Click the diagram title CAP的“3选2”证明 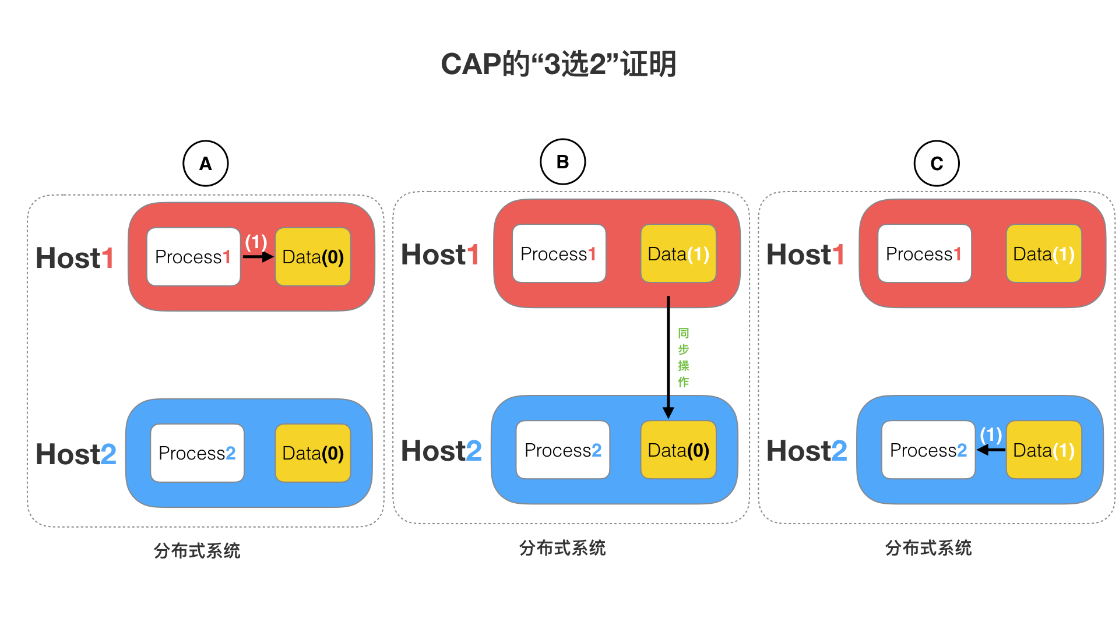(558, 64)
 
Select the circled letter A (206, 164)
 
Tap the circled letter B (563, 162)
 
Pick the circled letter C (937, 164)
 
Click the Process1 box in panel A (193, 257)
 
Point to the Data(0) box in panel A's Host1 (313, 257)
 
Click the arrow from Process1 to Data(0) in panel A (258, 257)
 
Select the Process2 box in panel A (197, 453)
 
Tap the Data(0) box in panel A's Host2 (313, 453)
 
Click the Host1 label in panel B (440, 255)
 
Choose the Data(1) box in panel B (678, 254)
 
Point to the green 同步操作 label (684, 358)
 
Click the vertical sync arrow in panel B (668, 357)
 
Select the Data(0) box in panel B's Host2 (678, 450)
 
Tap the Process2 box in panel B (563, 450)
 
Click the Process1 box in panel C (925, 254)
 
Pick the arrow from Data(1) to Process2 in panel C (991, 450)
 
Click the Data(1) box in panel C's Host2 (1044, 450)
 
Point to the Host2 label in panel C (807, 451)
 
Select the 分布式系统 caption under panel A (197, 550)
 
